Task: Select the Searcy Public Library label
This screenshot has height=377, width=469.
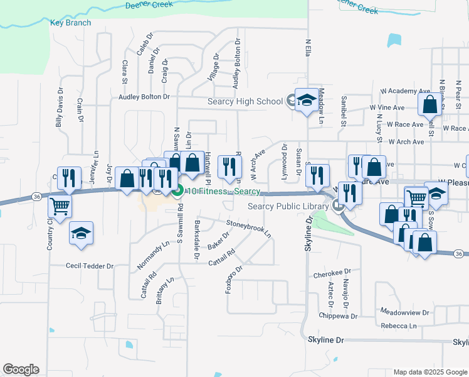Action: click(x=288, y=207)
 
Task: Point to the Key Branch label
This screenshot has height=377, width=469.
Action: click(x=70, y=23)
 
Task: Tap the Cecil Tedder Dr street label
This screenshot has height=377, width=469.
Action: click(x=90, y=266)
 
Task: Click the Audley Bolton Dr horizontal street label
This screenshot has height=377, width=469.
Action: click(x=144, y=97)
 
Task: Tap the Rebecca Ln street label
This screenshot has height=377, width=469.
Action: click(x=398, y=325)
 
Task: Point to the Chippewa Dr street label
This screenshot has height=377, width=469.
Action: click(x=337, y=315)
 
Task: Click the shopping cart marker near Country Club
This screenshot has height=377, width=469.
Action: click(x=60, y=205)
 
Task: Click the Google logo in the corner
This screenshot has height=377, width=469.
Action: click(x=20, y=369)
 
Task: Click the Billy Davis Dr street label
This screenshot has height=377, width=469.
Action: click(x=60, y=114)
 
